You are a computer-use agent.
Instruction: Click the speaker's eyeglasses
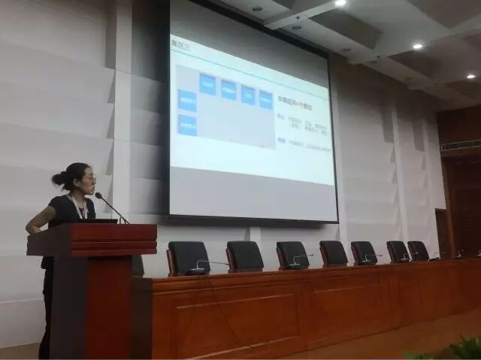88,180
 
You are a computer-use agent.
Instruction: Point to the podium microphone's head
98,196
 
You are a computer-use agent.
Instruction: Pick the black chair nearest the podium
188,257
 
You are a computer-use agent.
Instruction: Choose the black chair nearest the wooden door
419,250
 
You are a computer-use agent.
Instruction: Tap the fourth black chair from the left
333,253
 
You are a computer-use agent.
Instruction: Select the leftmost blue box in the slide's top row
207,83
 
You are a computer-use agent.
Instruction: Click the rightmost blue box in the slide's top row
266,99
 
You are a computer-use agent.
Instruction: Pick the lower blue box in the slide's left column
187,125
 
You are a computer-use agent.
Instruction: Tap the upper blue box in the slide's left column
187,100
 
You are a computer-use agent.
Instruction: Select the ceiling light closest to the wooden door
470,76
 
